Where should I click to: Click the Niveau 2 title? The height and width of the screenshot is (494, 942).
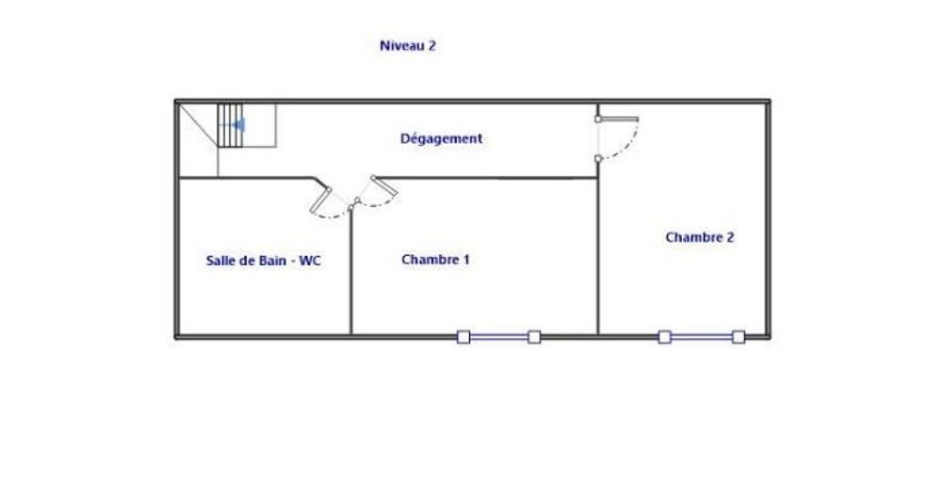pyautogui.click(x=407, y=45)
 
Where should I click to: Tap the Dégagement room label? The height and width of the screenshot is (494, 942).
pyautogui.click(x=441, y=138)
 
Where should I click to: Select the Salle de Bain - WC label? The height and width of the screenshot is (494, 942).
pyautogui.click(x=263, y=261)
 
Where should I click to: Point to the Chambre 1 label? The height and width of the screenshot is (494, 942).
pyautogui.click(x=435, y=260)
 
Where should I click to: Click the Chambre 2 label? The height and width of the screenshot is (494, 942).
pyautogui.click(x=699, y=237)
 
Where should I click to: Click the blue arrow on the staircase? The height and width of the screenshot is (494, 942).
pyautogui.click(x=239, y=123)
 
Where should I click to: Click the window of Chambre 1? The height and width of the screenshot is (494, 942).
pyautogui.click(x=498, y=336)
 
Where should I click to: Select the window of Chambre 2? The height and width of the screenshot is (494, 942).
pyautogui.click(x=702, y=336)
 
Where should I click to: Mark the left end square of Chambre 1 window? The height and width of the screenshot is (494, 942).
pyautogui.click(x=463, y=336)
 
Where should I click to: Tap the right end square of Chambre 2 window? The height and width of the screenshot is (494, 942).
pyautogui.click(x=739, y=336)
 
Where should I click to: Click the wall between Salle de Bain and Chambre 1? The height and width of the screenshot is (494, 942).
pyautogui.click(x=351, y=273)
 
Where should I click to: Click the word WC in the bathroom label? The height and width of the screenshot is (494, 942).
pyautogui.click(x=310, y=261)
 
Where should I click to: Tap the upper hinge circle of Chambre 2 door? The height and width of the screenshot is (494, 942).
pyautogui.click(x=598, y=120)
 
